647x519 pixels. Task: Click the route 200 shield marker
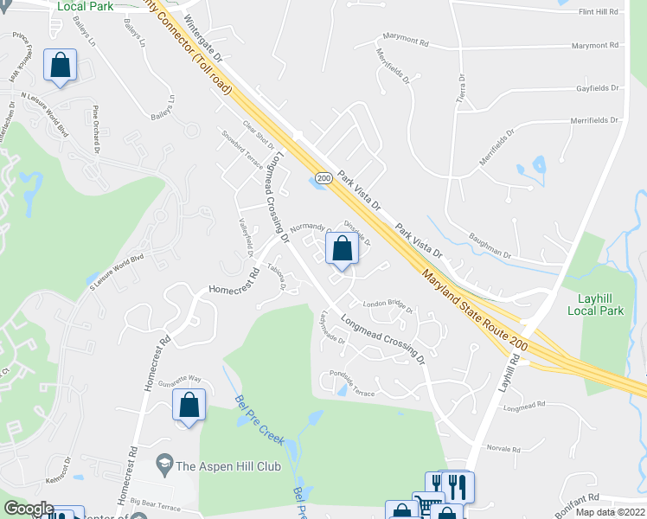coord(323,178)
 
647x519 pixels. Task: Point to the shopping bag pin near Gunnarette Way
coord(189,405)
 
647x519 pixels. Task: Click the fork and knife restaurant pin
coord(456,486)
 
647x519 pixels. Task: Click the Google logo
coord(29,508)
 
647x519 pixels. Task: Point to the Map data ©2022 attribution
coord(609,512)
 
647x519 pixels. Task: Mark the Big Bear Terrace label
coord(157,500)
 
